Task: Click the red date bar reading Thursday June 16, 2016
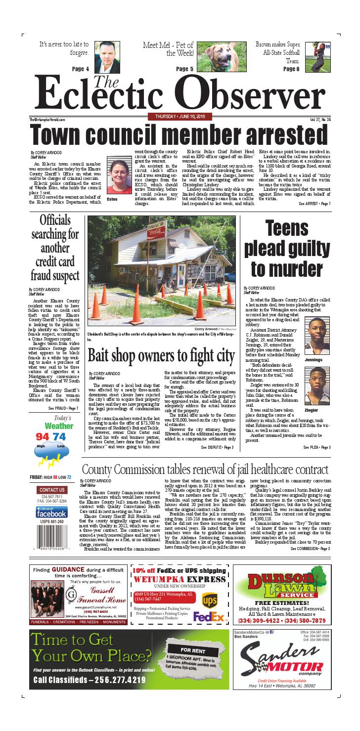180,116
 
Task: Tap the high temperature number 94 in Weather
43,436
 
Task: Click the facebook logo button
51,512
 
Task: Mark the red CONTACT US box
51,490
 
